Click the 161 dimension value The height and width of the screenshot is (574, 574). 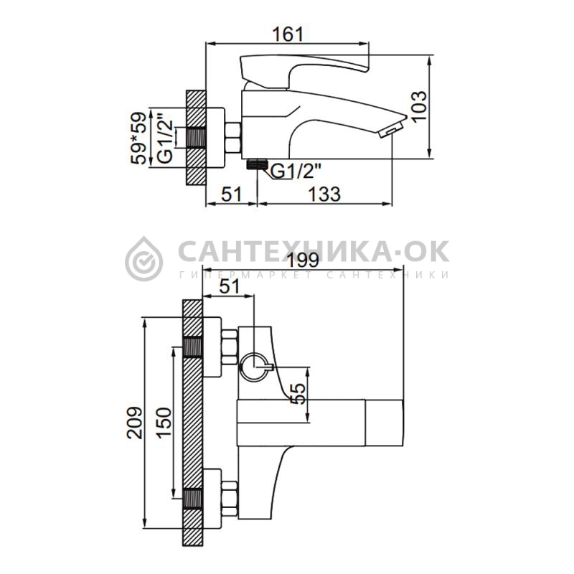(288, 34)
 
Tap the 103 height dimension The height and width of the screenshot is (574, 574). (418, 106)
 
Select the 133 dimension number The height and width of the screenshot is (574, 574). (325, 194)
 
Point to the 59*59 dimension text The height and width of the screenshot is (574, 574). (139, 138)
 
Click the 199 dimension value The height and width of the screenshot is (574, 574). (303, 260)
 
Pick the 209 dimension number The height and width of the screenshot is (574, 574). (134, 422)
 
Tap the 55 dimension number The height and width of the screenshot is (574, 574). (298, 393)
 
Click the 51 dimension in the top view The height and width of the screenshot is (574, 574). (232, 194)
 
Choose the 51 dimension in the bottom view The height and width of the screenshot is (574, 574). (229, 286)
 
